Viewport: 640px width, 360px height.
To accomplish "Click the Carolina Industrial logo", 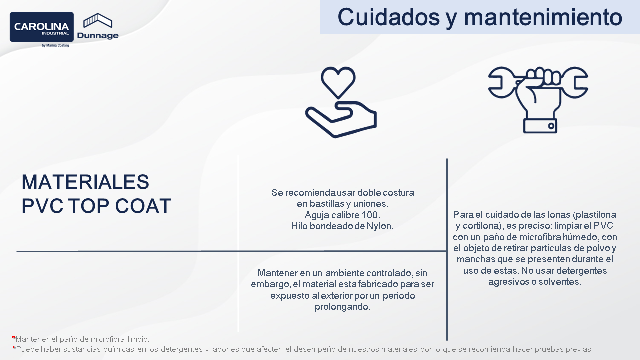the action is click(42, 27).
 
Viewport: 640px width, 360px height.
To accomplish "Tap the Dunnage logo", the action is click(98, 26).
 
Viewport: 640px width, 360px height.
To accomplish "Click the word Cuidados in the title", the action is click(389, 17).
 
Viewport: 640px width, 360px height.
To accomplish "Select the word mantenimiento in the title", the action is click(543, 17).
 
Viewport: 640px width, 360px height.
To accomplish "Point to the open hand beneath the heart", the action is click(341, 119).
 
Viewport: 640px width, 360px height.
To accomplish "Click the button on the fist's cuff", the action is click(551, 126).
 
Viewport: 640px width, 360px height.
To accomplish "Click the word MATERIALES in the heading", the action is click(85, 182).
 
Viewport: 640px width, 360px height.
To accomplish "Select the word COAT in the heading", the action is click(143, 206).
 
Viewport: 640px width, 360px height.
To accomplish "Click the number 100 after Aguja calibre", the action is click(371, 215).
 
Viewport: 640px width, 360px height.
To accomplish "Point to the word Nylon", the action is click(380, 226).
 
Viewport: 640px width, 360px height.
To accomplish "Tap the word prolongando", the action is click(342, 307).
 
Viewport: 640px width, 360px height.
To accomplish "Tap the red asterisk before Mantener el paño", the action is click(13, 338).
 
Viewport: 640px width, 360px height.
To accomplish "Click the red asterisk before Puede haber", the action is click(14, 348).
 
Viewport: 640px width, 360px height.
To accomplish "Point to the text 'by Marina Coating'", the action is click(55, 45).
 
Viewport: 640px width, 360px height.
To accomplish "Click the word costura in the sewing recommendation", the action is click(398, 193).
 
